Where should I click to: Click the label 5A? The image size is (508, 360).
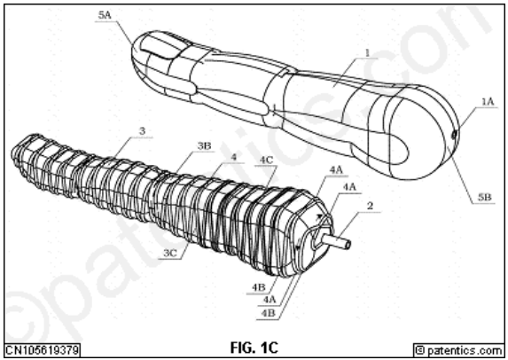point(105,15)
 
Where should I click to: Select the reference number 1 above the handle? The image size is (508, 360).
point(367,52)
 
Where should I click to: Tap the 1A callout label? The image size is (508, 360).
point(488,102)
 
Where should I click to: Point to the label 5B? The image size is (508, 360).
point(485,197)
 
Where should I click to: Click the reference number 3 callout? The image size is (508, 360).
point(142,131)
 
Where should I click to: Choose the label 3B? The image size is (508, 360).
point(204,146)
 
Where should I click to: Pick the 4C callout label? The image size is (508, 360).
point(266,160)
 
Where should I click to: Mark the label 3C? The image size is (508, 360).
point(169,253)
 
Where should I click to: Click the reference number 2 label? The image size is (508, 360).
point(370,206)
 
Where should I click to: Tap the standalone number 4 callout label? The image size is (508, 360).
point(233,157)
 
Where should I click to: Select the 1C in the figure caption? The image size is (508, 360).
point(269,348)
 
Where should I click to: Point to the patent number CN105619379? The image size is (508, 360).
point(43,350)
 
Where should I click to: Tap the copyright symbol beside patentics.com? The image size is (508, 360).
point(420,350)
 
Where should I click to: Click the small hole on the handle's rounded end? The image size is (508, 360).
point(454,134)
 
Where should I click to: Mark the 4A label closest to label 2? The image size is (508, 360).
point(349,187)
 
